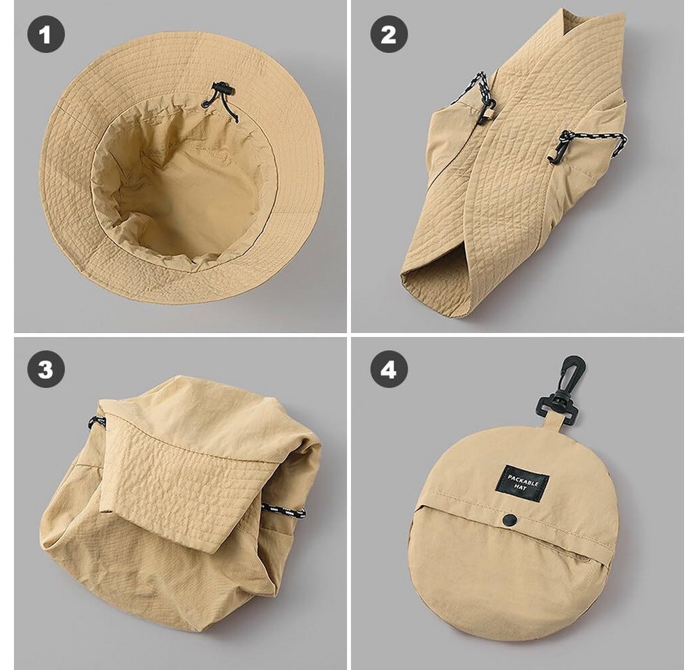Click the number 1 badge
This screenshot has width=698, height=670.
tap(46, 34)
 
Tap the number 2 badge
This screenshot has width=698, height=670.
tap(389, 34)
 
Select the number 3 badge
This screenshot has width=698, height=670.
tap(46, 369)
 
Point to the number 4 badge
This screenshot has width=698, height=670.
tap(389, 369)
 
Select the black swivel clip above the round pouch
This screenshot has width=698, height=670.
tap(561, 389)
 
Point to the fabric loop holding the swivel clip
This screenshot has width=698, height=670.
tap(554, 424)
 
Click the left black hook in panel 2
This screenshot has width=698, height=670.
tap(484, 110)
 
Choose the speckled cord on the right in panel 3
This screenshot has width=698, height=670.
tap(283, 510)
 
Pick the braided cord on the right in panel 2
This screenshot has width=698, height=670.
tap(599, 140)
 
